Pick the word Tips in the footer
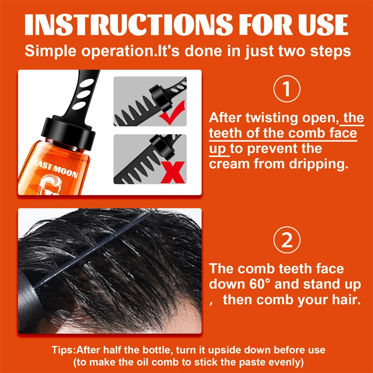click(x=63, y=350)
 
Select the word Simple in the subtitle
click(x=48, y=50)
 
